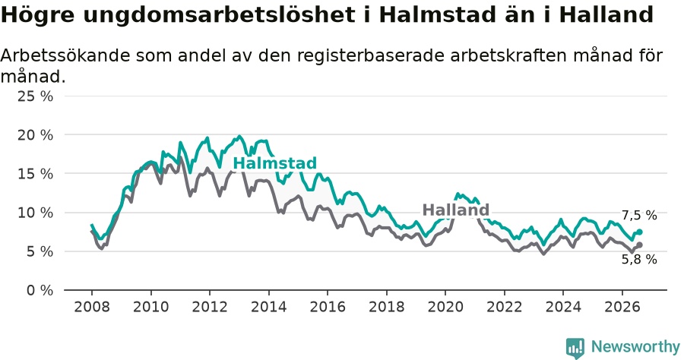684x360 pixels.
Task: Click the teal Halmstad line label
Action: tap(275, 163)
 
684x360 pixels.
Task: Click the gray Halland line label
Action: tap(456, 210)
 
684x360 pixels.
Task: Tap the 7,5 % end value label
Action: tap(639, 215)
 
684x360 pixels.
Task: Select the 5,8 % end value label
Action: tap(639, 259)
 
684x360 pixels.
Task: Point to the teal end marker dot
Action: tap(639, 232)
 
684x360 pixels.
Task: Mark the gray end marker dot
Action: tap(639, 245)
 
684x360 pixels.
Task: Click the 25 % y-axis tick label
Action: tap(35, 96)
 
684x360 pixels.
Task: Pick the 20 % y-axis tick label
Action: tap(35, 135)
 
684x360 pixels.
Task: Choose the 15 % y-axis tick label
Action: tap(35, 174)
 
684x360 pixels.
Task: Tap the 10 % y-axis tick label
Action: tap(35, 213)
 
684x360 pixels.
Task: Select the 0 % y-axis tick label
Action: tap(40, 290)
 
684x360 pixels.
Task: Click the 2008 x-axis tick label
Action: tap(92, 307)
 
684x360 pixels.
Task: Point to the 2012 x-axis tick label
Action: tap(210, 307)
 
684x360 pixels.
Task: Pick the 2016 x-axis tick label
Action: tap(328, 307)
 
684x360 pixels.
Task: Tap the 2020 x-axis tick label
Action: tap(445, 307)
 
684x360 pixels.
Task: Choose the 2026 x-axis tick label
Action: tap(622, 307)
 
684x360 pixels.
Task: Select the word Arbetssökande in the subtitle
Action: tap(65, 55)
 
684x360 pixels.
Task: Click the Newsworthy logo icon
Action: tap(575, 348)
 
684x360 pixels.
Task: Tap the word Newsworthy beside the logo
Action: tap(635, 347)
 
